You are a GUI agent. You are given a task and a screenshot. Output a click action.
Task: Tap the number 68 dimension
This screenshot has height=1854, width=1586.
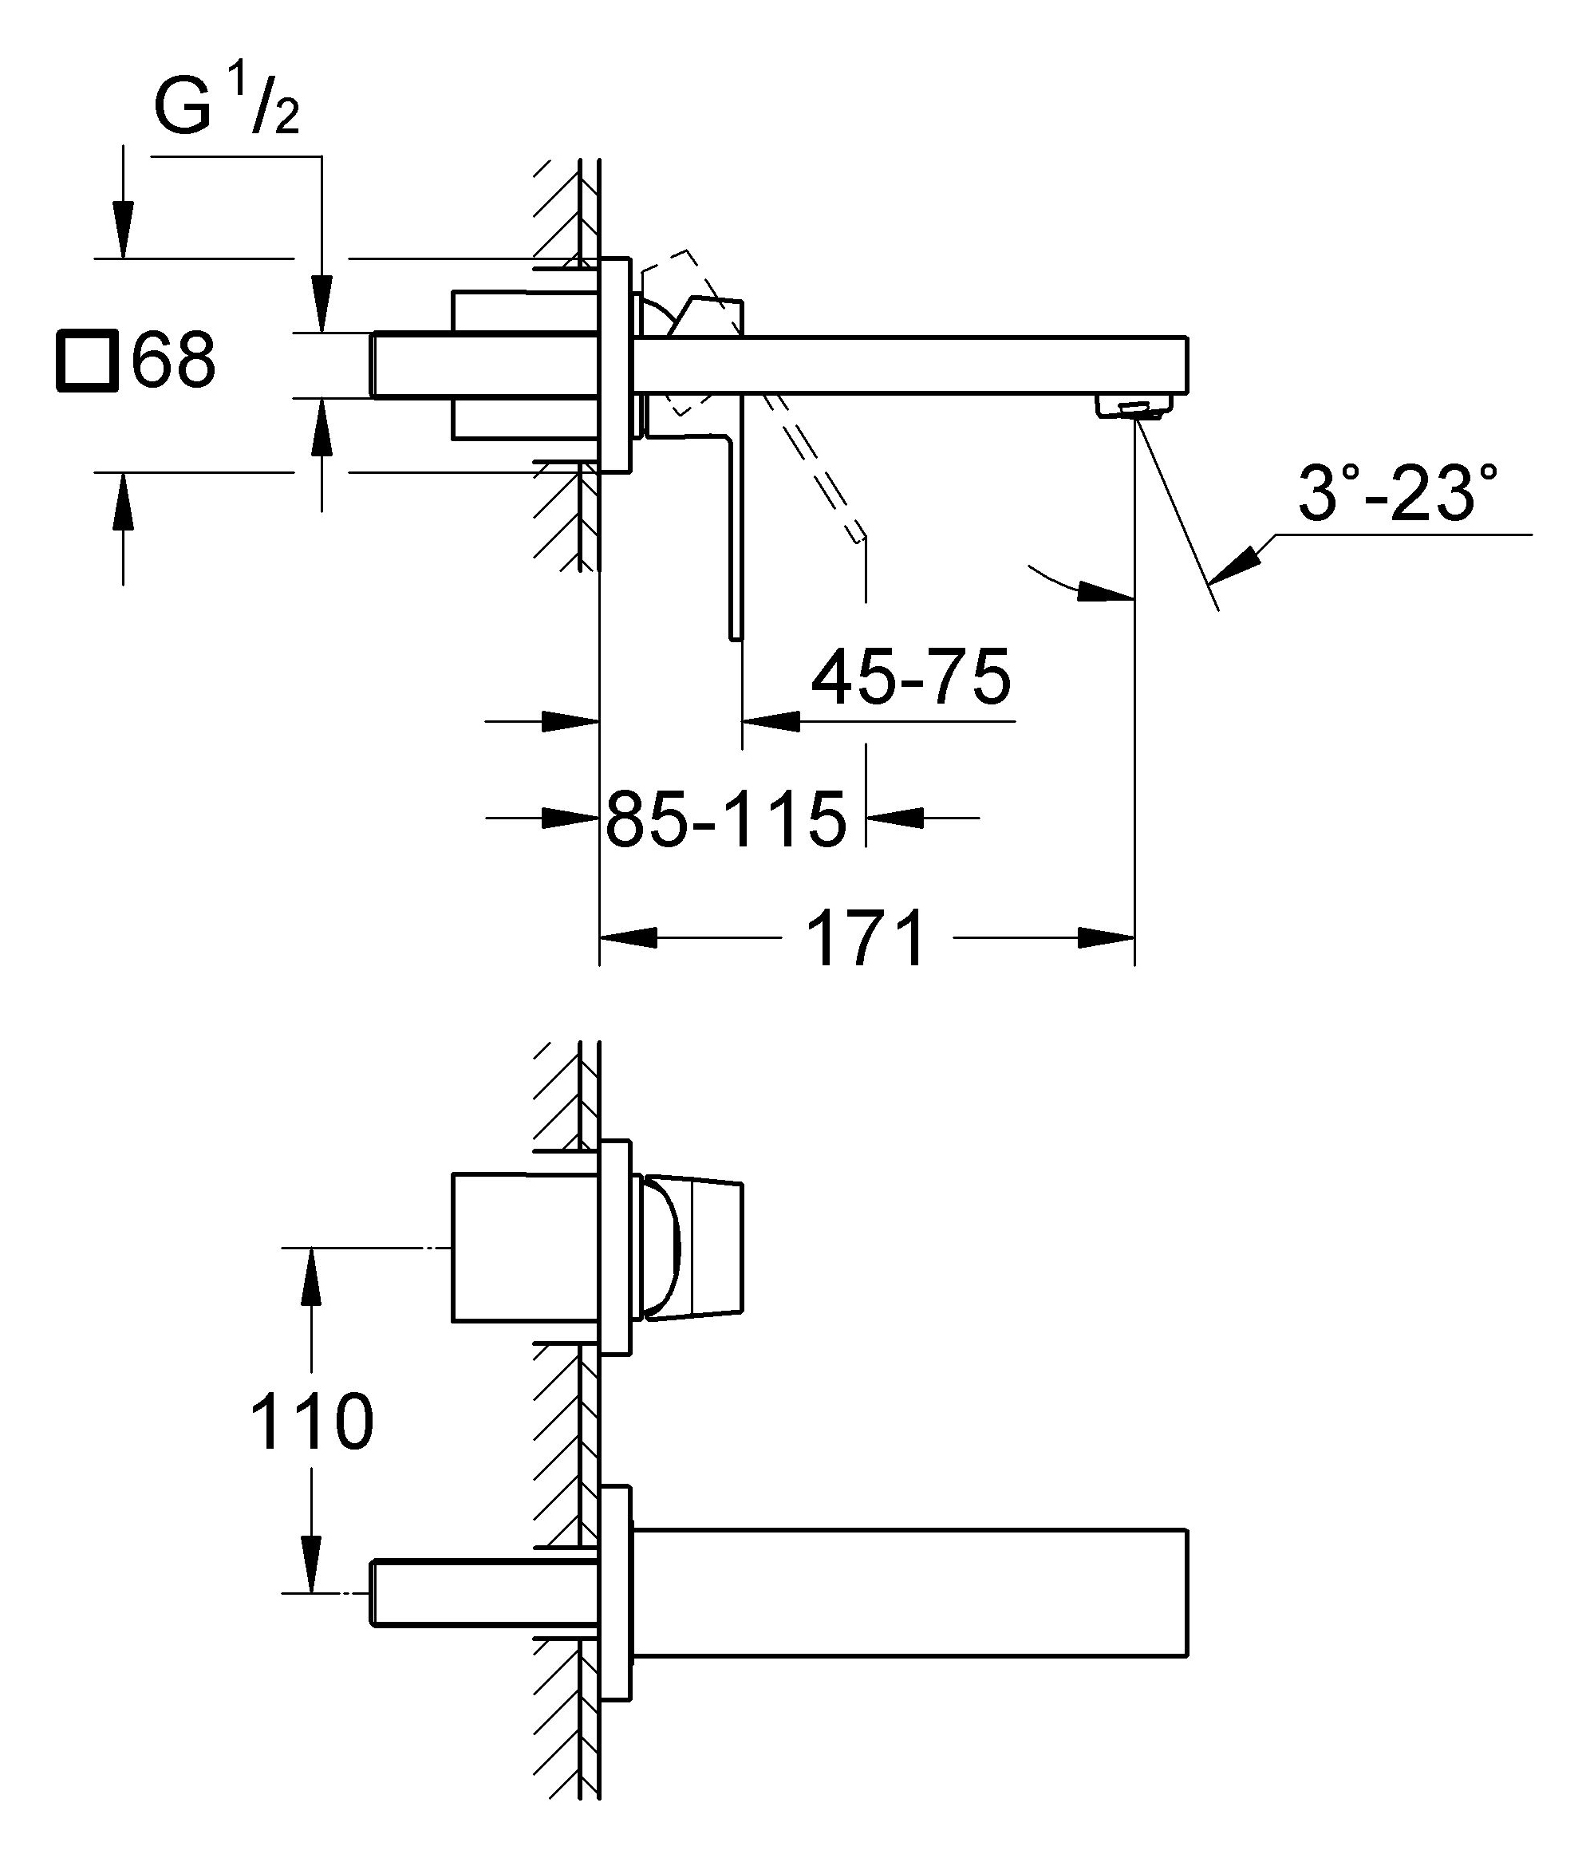174,360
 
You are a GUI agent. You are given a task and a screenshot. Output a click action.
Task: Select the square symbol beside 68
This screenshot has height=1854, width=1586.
87,361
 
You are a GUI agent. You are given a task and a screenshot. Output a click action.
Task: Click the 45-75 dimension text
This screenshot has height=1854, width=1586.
910,677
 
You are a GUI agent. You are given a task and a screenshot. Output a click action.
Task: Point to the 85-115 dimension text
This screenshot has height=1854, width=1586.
726,819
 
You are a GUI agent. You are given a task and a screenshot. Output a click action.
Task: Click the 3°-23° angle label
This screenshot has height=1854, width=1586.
1398,493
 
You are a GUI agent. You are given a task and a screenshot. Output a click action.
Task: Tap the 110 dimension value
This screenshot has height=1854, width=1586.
311,1422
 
